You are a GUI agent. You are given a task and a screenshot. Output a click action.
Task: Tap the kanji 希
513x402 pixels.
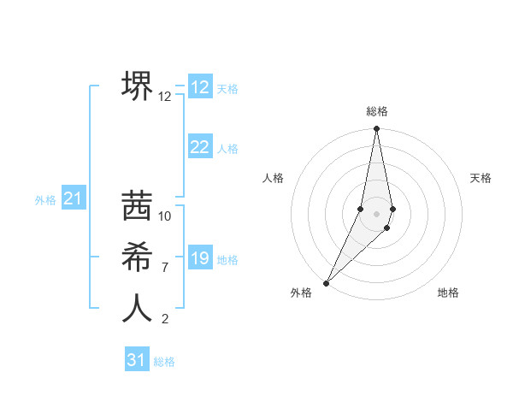coord(138,257)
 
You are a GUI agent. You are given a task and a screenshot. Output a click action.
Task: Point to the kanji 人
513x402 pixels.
coord(138,308)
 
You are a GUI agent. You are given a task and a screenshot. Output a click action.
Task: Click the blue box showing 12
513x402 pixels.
coord(200,87)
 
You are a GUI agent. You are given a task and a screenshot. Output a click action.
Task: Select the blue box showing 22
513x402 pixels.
coord(200,147)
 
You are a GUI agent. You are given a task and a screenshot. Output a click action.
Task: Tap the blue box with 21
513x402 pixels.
coord(74,199)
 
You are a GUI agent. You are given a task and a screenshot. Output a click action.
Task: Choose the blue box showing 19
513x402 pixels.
coord(200,258)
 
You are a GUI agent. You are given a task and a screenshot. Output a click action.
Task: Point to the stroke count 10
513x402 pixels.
coord(165,216)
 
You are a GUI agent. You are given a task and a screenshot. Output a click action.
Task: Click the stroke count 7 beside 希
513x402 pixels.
coord(165,268)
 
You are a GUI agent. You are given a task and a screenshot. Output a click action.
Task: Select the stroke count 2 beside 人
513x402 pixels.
coord(165,320)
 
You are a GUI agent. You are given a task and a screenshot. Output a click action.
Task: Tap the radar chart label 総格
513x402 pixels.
coord(377,111)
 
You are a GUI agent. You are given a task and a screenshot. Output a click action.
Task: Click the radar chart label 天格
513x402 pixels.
coord(481,178)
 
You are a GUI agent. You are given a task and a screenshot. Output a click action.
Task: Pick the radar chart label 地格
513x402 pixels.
coord(448,293)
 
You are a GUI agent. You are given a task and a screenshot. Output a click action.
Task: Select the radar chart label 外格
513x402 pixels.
coord(301,293)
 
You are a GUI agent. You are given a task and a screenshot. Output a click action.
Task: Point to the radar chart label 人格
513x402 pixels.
coord(273,178)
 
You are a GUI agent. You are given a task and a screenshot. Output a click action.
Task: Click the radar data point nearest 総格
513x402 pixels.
coord(376,129)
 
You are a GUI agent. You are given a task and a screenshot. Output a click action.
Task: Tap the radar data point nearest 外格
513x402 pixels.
coord(326,282)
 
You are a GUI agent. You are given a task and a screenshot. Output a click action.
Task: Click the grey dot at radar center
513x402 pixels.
coord(376,214)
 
